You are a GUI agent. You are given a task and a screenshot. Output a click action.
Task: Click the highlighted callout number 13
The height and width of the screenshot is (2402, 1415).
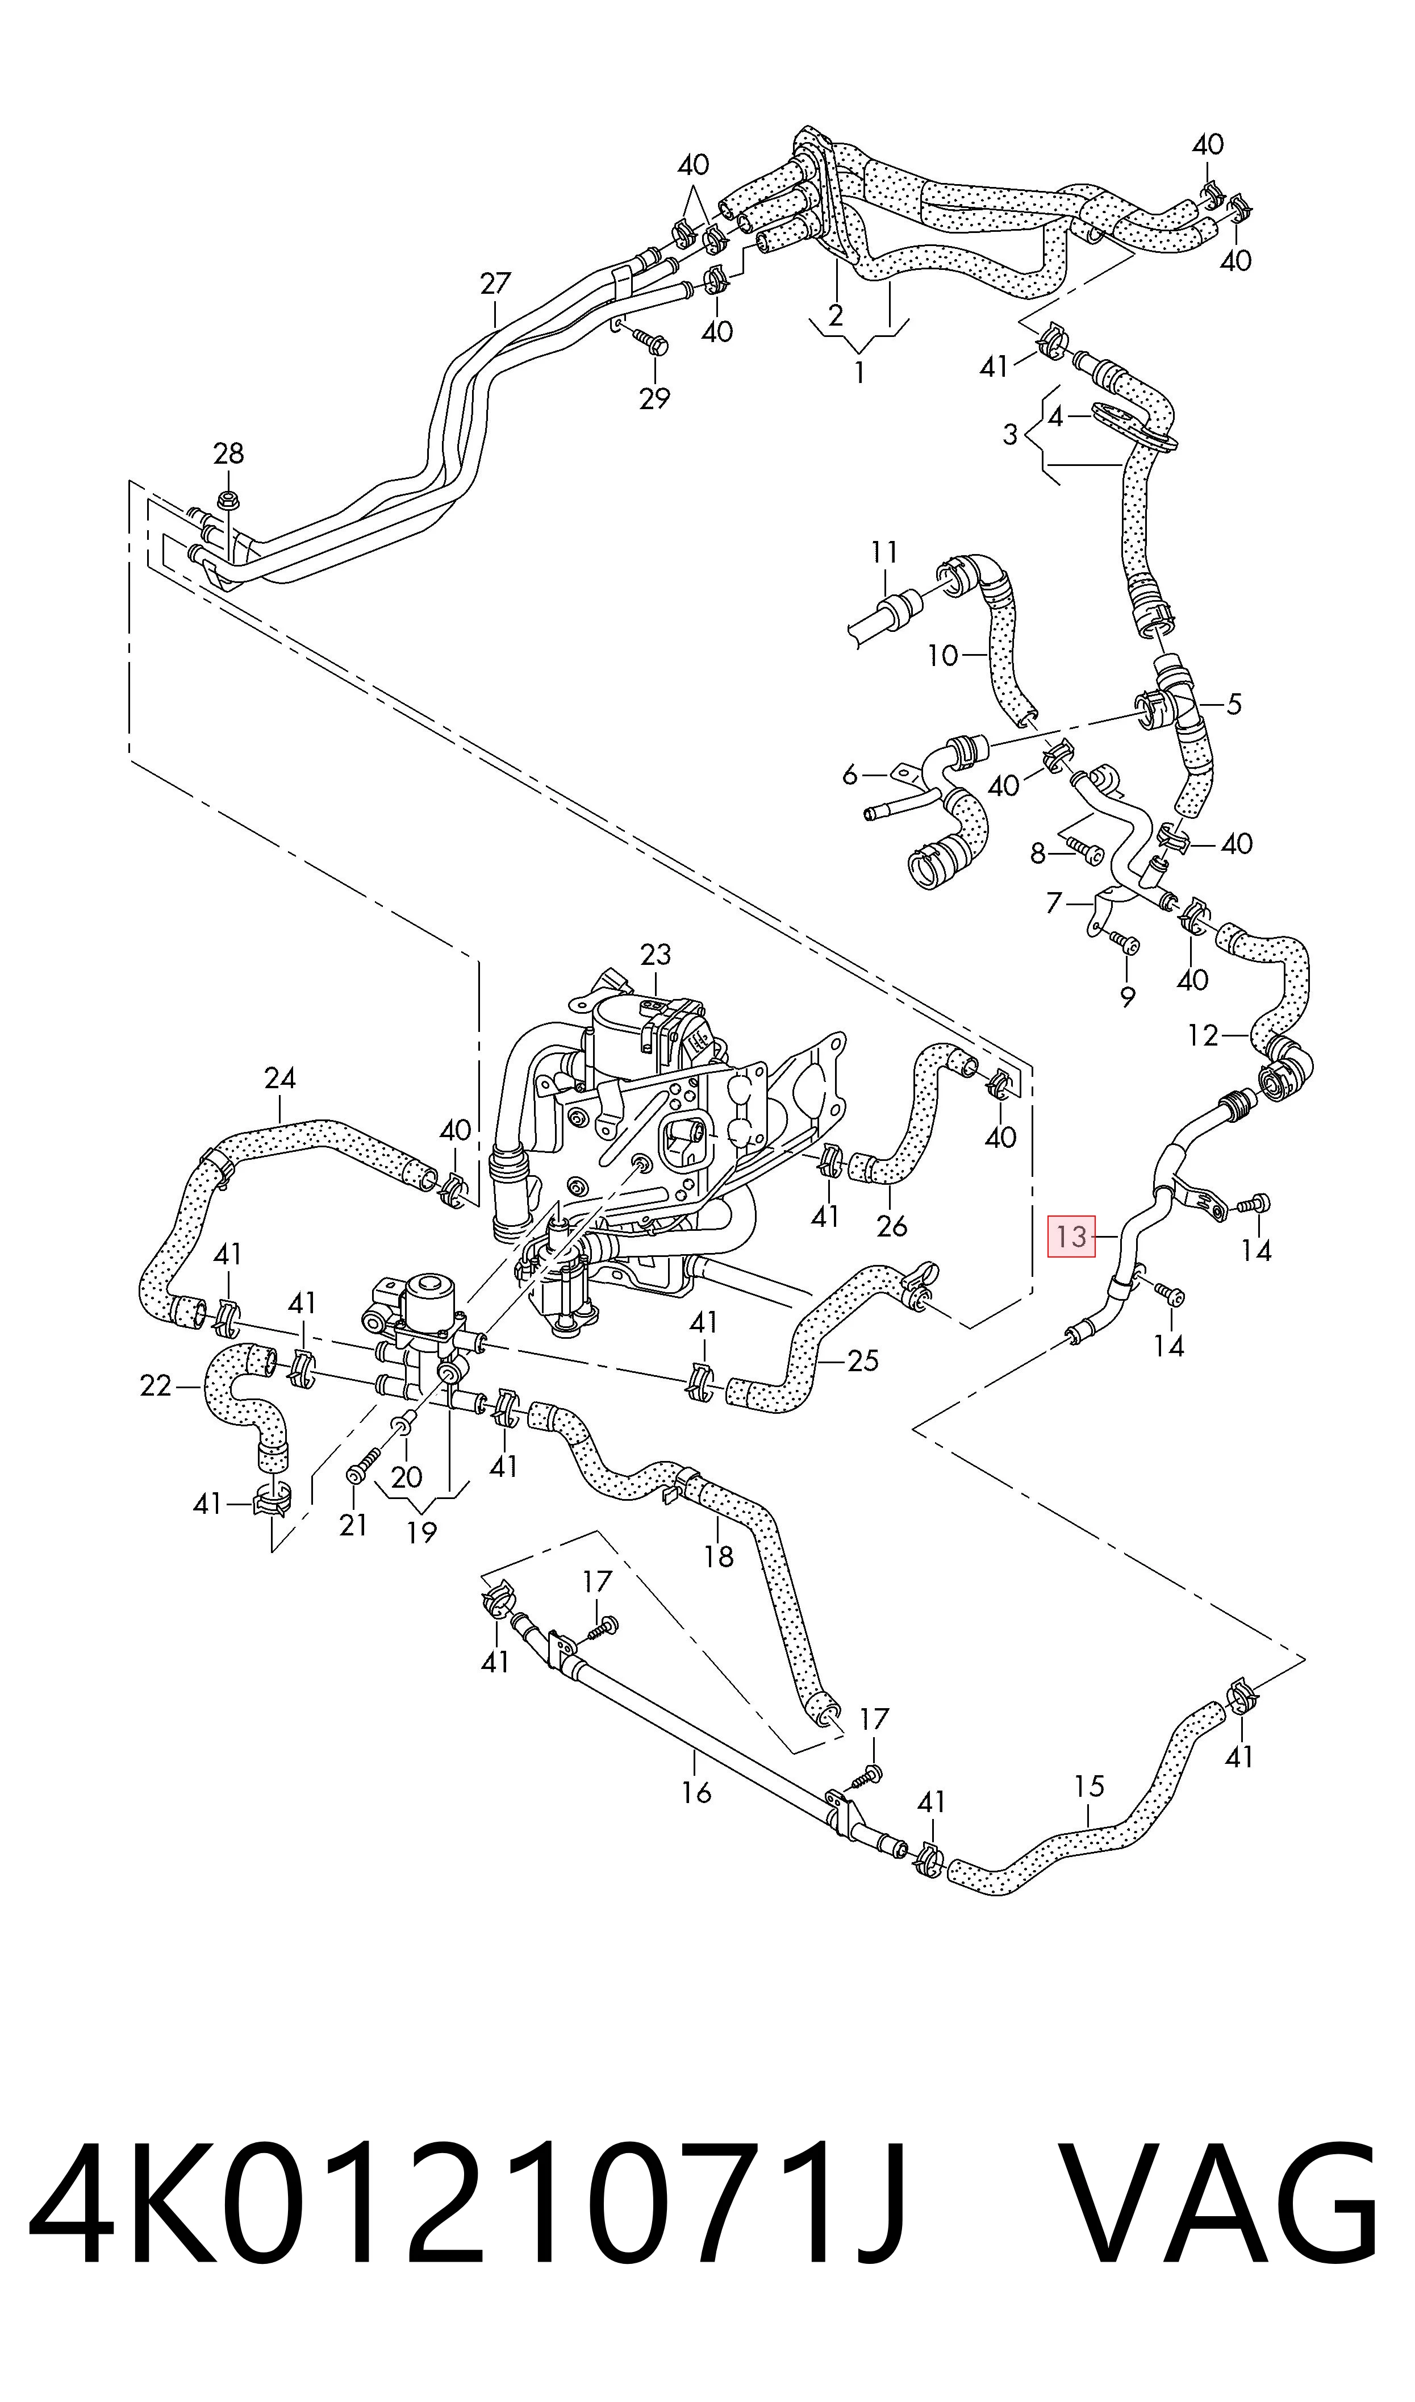pyautogui.click(x=1072, y=1237)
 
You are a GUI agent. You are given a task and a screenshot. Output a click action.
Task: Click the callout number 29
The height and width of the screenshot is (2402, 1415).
pyautogui.click(x=654, y=398)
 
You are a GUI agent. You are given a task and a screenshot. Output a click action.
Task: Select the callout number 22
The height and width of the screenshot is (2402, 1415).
pyautogui.click(x=156, y=1385)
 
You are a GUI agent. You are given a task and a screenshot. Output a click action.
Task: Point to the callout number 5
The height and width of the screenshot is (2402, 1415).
pyautogui.click(x=1234, y=705)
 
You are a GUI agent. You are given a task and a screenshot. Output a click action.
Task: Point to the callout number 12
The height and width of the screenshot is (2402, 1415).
pyautogui.click(x=1203, y=1035)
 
